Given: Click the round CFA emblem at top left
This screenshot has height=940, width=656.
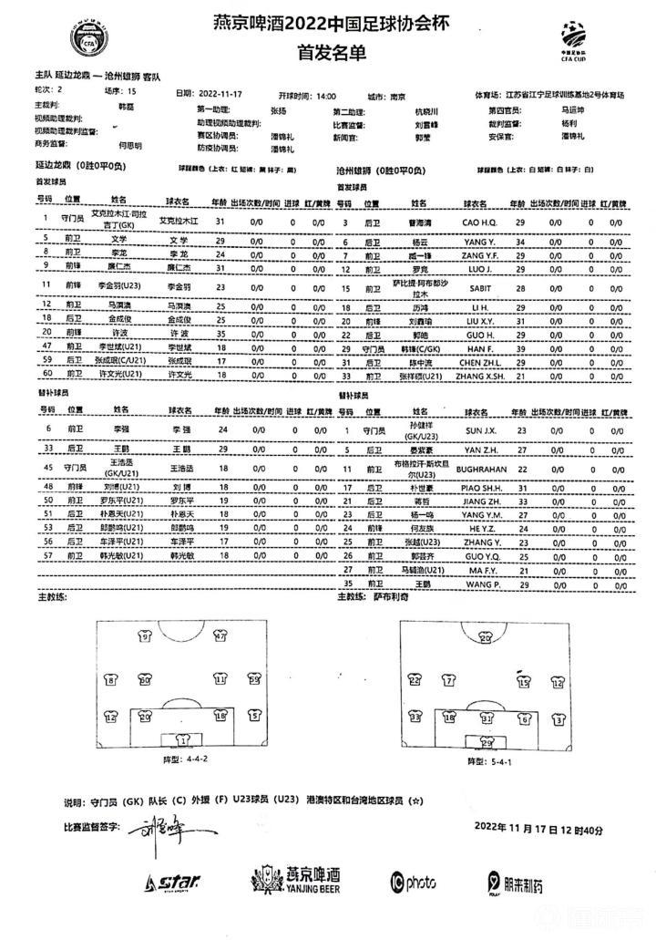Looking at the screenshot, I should click(90, 36).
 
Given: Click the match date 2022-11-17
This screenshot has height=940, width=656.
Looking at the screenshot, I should click(222, 95).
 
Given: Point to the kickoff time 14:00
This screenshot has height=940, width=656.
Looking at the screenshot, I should click(324, 95).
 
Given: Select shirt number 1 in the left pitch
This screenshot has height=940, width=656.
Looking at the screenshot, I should click(183, 740).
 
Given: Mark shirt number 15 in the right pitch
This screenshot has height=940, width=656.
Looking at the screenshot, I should click(523, 680).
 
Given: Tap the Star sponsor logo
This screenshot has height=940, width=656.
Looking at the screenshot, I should click(174, 883).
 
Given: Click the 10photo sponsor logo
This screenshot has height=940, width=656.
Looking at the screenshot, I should click(413, 882).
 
